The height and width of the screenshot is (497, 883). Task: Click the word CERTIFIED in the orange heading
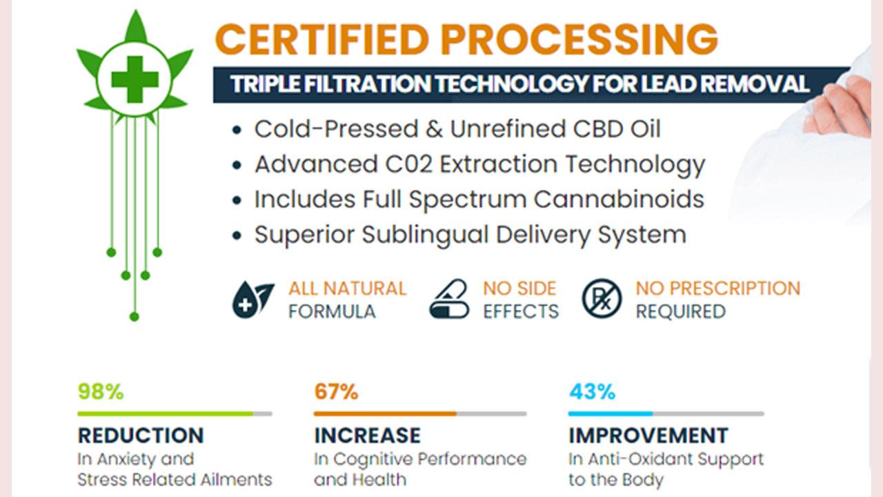tap(322, 39)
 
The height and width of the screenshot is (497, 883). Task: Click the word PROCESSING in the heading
tap(579, 39)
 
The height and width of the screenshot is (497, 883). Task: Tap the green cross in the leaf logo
tap(135, 79)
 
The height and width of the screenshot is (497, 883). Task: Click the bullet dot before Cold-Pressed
tap(237, 130)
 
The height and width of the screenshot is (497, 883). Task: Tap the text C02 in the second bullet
tap(409, 164)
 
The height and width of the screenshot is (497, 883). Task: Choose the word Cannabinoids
tap(619, 199)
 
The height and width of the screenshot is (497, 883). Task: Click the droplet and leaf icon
tap(253, 300)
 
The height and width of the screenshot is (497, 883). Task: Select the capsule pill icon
tap(449, 300)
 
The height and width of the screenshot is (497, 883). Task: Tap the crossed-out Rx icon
tap(602, 299)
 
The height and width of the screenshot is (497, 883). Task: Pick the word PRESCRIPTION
tap(735, 289)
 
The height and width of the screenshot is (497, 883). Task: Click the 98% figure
tap(101, 391)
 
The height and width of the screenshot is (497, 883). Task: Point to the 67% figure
tap(336, 391)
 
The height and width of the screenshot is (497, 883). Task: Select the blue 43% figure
tap(592, 391)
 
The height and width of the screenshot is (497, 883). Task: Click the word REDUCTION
tap(141, 436)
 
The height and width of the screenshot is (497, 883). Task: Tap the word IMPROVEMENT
tap(648, 436)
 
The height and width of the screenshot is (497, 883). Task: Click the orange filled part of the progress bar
tap(385, 413)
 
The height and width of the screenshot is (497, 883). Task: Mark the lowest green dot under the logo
tap(135, 316)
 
